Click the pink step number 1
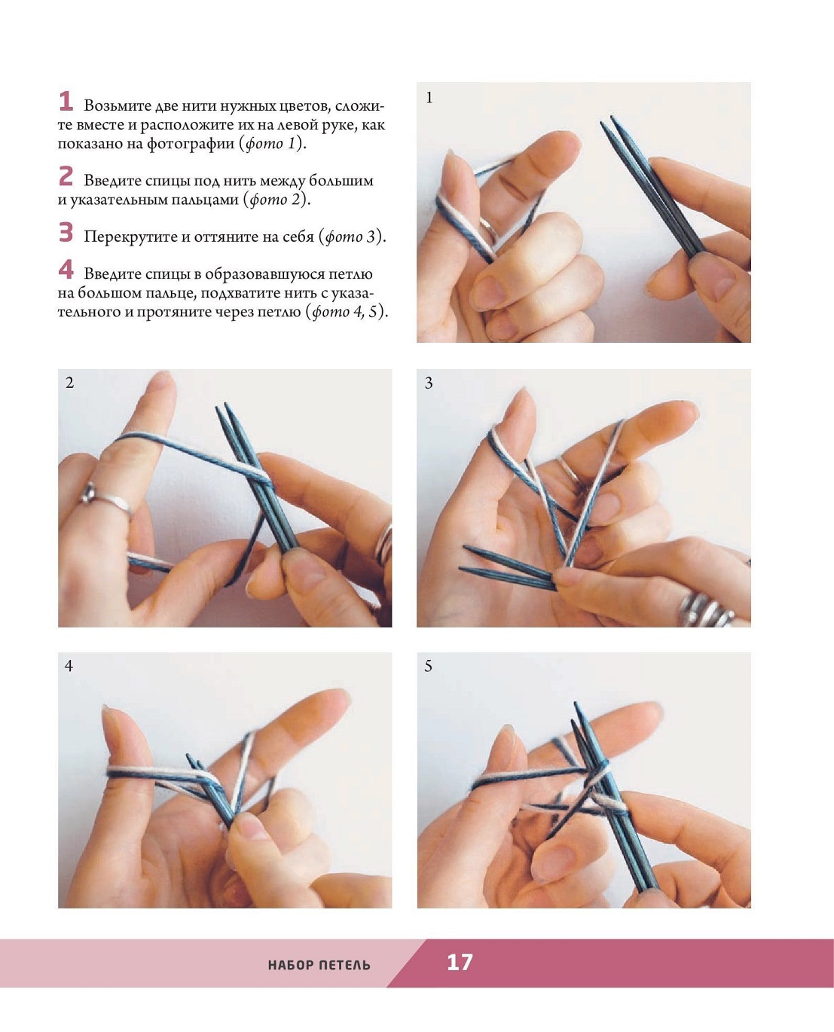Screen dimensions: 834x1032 (66, 101)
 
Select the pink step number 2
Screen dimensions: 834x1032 (66, 176)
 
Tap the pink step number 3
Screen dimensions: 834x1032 (66, 232)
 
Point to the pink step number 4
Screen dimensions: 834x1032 (66, 270)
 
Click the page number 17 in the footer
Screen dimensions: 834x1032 (460, 962)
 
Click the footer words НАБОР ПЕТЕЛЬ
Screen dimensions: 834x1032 (319, 965)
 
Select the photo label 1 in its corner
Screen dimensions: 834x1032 (429, 98)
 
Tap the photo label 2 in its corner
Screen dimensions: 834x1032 (70, 383)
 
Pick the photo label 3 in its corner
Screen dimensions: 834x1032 (429, 383)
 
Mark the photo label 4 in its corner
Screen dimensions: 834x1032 (69, 666)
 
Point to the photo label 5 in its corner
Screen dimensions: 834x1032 (429, 666)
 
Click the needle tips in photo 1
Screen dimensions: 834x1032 (608, 122)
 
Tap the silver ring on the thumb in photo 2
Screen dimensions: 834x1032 (108, 499)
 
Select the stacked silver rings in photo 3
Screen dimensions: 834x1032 (707, 610)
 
